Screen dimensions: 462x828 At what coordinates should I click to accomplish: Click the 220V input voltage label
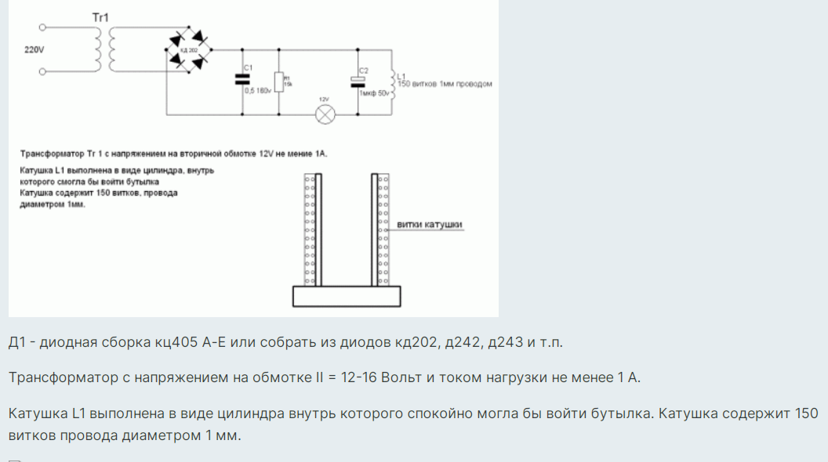click(34, 49)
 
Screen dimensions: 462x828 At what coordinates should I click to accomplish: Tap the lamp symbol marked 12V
click(325, 114)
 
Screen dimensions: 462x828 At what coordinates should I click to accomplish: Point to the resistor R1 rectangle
click(278, 81)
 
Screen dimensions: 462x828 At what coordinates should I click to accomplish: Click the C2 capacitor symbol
click(361, 81)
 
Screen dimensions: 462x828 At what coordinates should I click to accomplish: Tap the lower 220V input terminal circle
click(42, 73)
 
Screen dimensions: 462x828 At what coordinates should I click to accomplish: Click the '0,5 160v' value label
click(257, 91)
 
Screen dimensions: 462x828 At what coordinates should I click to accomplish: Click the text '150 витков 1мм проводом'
click(445, 84)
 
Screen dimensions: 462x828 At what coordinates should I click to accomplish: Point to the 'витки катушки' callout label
click(430, 225)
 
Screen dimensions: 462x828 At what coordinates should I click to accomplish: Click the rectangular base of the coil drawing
click(346, 296)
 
